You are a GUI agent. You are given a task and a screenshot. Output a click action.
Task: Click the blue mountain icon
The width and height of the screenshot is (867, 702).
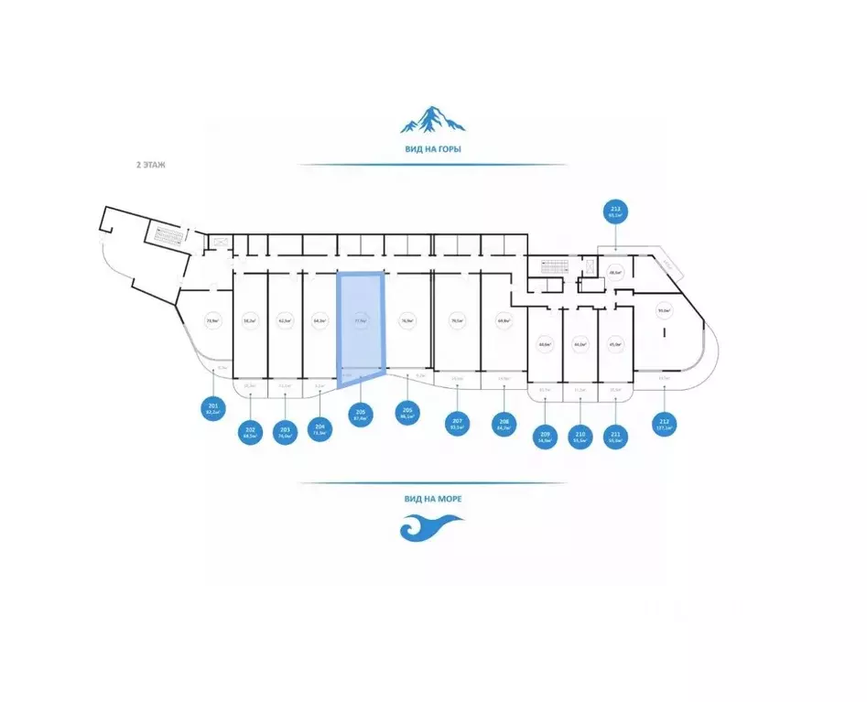432,120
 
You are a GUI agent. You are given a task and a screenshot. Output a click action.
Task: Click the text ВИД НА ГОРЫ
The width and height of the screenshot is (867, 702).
432,147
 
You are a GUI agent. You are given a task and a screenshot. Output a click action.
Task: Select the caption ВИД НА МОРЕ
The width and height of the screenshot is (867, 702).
432,499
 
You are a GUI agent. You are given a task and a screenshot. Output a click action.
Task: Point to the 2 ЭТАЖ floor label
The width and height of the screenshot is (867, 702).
148,166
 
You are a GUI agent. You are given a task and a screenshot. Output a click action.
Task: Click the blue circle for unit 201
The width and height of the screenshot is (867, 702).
213,408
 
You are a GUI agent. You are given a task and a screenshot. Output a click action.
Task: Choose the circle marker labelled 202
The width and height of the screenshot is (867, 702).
250,431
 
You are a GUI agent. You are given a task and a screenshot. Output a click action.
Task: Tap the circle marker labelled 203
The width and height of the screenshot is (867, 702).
285,431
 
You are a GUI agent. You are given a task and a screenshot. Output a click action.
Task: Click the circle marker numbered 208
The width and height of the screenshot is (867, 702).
503,425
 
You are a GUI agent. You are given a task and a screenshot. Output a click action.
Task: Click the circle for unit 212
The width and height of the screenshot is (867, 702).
664,425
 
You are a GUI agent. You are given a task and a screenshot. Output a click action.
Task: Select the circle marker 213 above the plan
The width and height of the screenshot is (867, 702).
615,212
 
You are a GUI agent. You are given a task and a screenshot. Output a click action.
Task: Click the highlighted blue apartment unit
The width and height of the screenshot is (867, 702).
361,325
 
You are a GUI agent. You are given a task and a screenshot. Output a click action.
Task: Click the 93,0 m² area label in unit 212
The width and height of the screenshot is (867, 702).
664,309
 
